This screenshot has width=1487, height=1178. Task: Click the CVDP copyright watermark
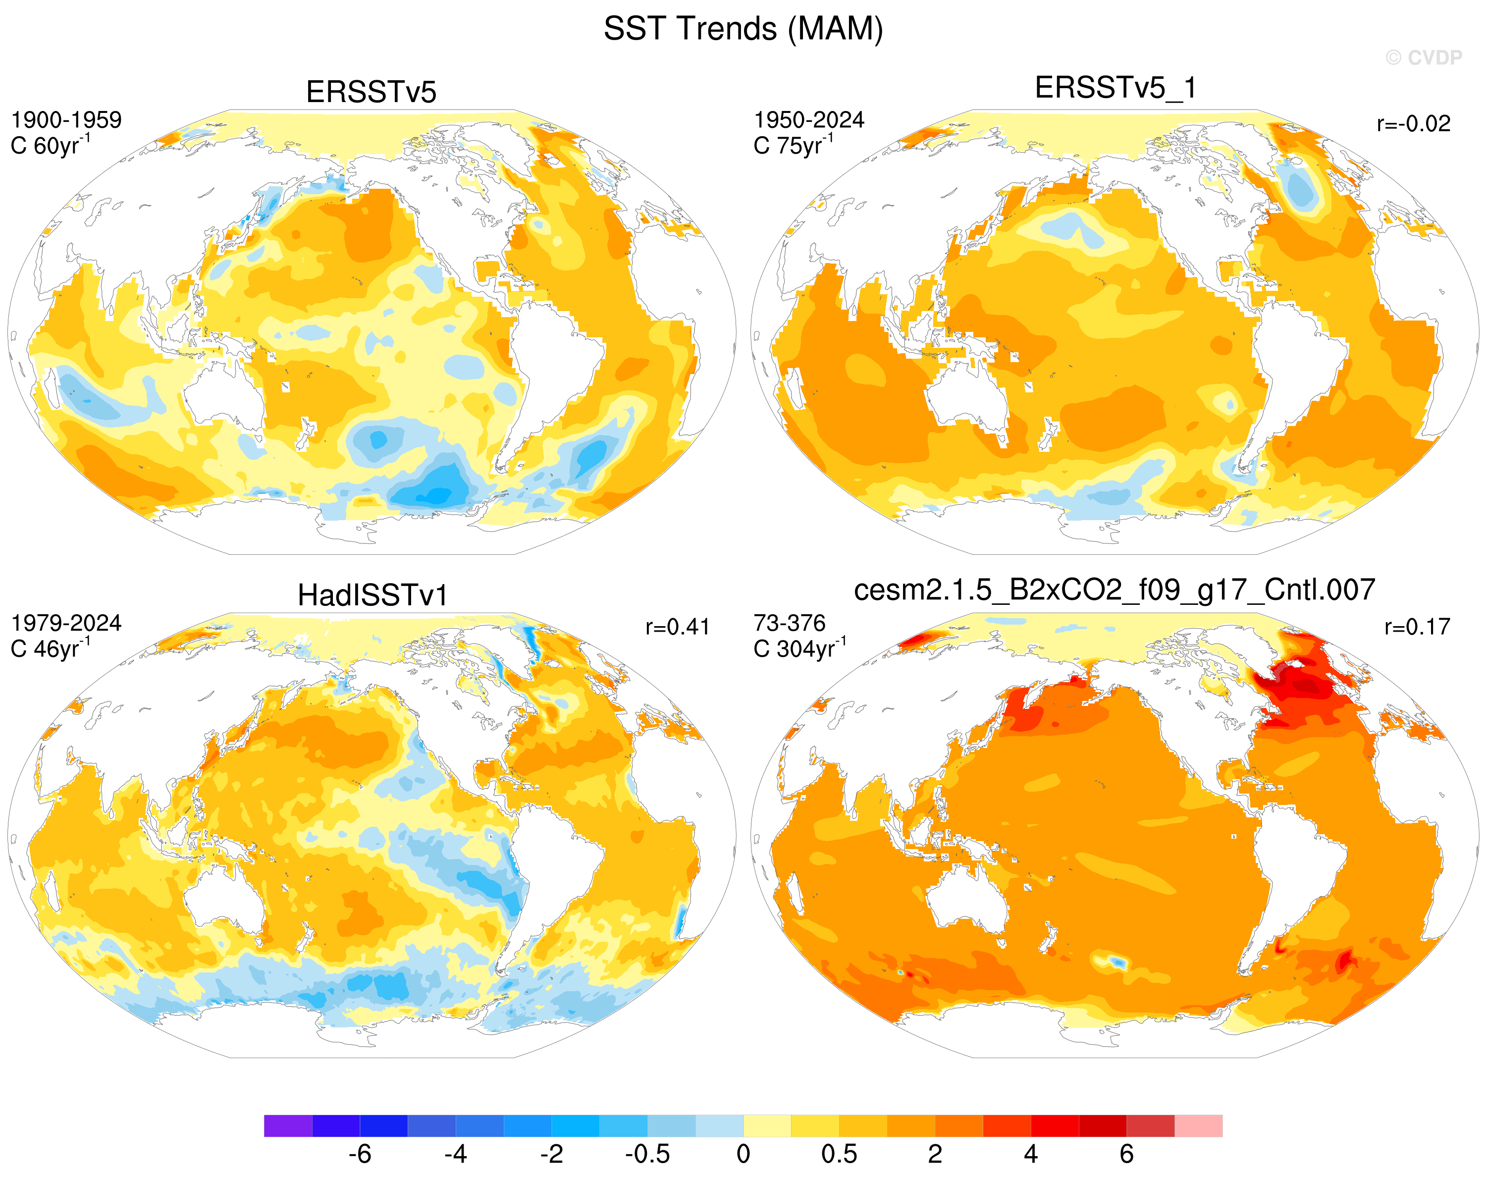pos(1424,58)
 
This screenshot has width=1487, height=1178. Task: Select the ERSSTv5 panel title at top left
pos(371,92)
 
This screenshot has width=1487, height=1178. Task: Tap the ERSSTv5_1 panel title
pos(1115,88)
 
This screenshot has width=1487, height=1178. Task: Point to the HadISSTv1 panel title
pos(372,595)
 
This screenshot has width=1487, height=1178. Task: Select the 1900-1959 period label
pos(66,120)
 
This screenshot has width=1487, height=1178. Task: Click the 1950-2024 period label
pos(809,120)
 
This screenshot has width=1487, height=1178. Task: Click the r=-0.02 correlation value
pos(1413,124)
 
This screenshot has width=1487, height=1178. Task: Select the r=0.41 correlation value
pos(677,627)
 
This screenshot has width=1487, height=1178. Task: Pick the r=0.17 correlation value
pos(1417,627)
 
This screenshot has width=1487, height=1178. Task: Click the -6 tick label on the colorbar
pos(360,1154)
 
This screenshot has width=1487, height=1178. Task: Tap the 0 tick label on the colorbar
pos(743,1154)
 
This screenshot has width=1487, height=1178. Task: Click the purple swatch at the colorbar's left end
pos(288,1125)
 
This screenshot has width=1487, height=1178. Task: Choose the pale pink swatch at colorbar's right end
pos(1199,1125)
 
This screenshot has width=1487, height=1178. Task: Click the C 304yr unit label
pos(800,648)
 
